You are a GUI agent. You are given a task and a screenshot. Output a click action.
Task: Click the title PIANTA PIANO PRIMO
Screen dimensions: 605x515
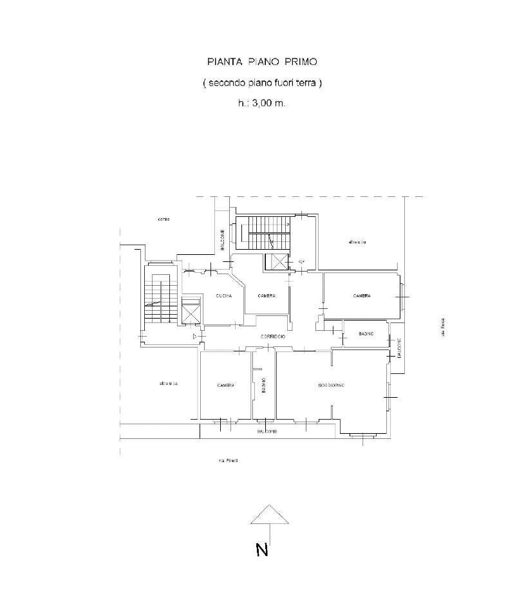262,62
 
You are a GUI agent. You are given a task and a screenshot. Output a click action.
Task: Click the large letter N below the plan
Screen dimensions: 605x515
261,550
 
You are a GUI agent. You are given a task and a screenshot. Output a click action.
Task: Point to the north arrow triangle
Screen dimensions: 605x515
269,514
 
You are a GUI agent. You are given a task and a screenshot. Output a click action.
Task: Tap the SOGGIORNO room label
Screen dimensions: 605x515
332,385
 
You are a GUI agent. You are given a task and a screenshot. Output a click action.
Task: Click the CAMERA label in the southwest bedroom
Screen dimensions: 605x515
225,385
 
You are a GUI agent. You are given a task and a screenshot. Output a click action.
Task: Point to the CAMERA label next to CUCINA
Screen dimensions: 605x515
267,295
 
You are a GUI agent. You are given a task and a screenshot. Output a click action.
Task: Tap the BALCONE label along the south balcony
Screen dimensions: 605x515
267,431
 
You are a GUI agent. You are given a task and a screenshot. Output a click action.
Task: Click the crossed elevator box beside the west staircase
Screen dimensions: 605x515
192,312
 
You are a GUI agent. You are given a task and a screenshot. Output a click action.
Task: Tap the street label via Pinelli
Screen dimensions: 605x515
229,460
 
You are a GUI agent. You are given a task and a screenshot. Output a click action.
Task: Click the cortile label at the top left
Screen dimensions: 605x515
164,219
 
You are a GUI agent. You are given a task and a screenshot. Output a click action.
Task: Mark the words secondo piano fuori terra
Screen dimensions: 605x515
262,83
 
